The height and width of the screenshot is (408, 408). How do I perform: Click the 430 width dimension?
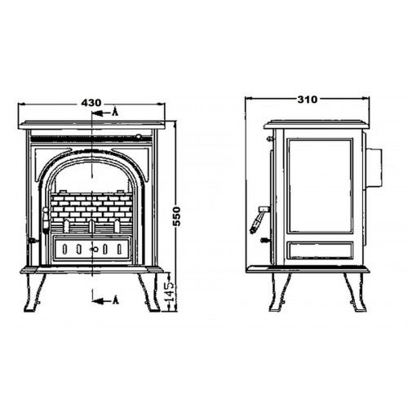[x=91, y=103]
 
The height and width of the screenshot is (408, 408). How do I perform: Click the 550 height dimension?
[x=177, y=216]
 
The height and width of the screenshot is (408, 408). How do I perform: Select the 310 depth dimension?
[x=308, y=100]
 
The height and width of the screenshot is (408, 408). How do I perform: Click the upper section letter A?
[x=115, y=112]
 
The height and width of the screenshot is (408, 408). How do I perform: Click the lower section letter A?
[x=115, y=300]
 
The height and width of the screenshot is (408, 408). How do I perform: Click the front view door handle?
[x=46, y=220]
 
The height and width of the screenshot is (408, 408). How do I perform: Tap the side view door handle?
[x=259, y=220]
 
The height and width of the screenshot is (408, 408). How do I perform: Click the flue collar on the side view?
[x=374, y=168]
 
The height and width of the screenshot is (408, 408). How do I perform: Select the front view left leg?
[x=35, y=292]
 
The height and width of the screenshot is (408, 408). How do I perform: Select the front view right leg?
[x=149, y=292]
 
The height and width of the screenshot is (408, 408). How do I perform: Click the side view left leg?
[x=280, y=292]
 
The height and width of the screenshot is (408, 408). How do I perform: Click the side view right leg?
[x=355, y=292]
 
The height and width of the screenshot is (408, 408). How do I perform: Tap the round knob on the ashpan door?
[x=95, y=249]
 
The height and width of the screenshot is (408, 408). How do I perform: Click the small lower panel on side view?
[x=320, y=251]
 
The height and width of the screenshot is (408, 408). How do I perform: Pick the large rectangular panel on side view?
[x=320, y=186]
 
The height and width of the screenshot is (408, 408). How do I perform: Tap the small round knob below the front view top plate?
[x=139, y=137]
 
